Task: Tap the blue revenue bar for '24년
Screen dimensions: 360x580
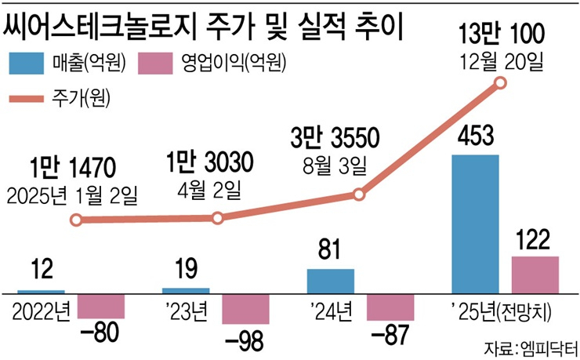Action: pos(330,281)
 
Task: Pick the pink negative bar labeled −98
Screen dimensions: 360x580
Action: pos(245,309)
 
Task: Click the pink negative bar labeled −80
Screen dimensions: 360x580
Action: pos(103,306)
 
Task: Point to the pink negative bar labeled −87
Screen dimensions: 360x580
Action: pos(390,307)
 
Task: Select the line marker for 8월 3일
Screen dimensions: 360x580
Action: pos(359,195)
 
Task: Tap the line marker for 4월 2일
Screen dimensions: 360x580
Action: pos(217,218)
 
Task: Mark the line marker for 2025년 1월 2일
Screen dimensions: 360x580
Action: pos(75,220)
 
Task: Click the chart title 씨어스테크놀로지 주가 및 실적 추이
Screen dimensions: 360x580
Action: pos(206,25)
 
